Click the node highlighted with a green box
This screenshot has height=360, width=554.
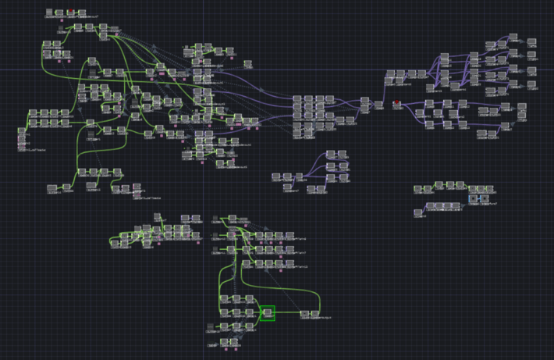point(268,313)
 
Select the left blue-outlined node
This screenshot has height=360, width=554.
point(474,199)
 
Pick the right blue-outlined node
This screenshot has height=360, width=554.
point(484,199)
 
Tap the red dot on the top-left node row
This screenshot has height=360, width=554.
point(70,11)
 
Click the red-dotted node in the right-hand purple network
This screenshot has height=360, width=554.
point(397,103)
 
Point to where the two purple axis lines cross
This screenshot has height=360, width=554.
point(204,70)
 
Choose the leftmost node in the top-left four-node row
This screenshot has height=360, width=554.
point(49,13)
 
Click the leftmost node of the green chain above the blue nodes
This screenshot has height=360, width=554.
point(419,188)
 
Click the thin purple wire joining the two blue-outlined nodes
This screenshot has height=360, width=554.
point(479,199)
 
